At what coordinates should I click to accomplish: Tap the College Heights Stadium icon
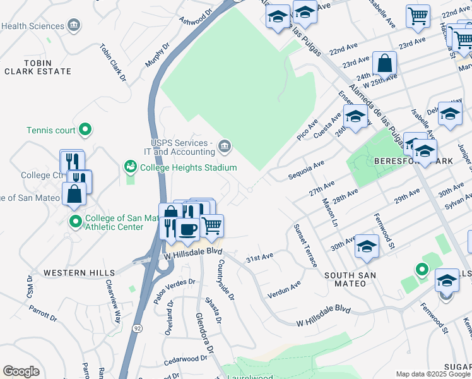pos(130,167)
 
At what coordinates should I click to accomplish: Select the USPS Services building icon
pos(224,147)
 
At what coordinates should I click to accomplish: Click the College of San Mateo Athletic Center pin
pos(75,222)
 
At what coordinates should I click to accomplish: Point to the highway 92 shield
pos(137,328)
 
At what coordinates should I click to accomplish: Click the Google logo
pos(21,371)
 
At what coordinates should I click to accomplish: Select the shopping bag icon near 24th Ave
pos(384,64)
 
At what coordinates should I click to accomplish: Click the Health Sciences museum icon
pos(74,26)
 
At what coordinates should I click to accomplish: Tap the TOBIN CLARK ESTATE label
pos(38,68)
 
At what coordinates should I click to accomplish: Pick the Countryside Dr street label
pos(227,280)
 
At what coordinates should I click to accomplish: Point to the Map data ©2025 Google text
pos(433,374)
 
